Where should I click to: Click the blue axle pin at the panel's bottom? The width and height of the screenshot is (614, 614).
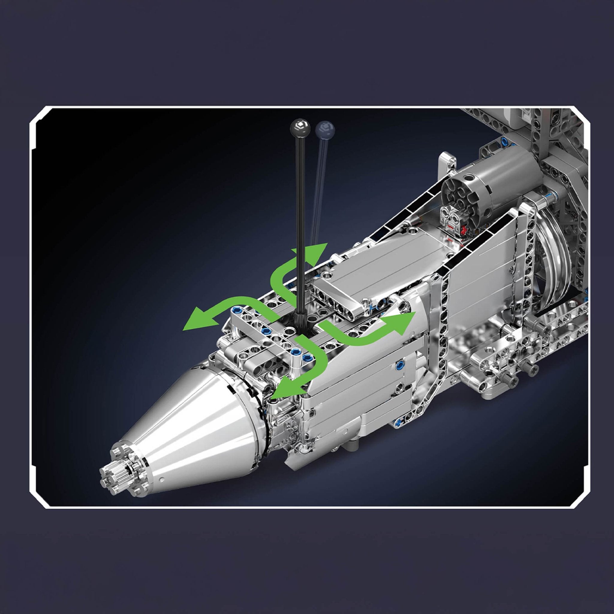pos(397,422)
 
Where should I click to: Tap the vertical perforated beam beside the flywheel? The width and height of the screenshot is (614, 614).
pos(528,254)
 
